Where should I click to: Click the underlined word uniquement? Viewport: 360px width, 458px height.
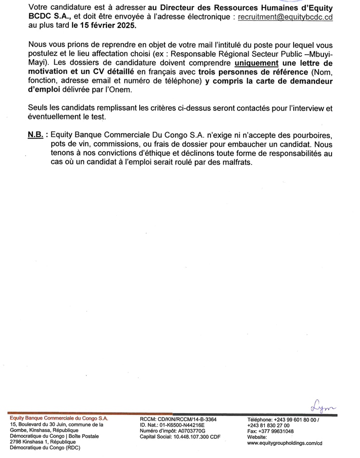(x=257, y=63)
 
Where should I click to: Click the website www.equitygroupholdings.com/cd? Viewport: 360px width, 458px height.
(x=285, y=443)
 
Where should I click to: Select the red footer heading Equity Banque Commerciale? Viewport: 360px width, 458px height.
(x=59, y=419)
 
